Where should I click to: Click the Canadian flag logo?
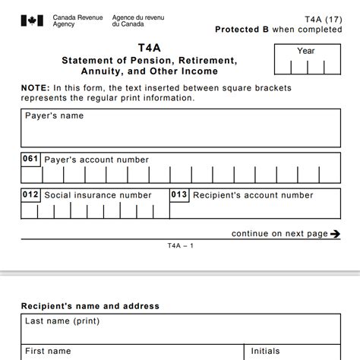(x=33, y=21)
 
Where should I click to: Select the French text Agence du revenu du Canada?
(x=137, y=21)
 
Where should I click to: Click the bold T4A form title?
(x=149, y=46)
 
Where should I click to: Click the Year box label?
(x=306, y=51)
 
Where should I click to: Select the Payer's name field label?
(x=55, y=116)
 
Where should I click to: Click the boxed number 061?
(x=30, y=159)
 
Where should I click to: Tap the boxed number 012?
(x=30, y=195)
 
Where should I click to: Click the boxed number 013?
(x=178, y=195)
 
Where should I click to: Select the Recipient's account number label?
(x=253, y=195)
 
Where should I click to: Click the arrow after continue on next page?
(x=335, y=234)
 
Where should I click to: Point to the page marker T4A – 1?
(x=181, y=246)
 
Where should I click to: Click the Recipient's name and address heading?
(x=90, y=306)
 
